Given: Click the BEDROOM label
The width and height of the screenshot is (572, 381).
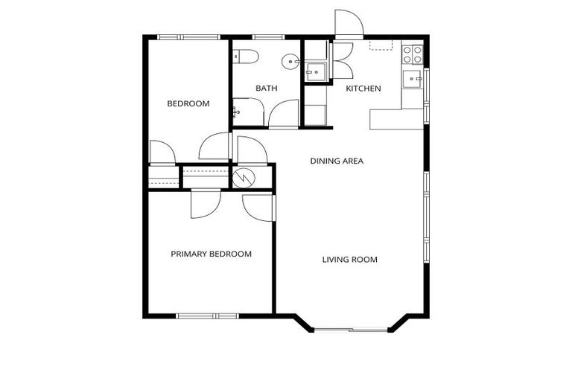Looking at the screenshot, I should [188, 103].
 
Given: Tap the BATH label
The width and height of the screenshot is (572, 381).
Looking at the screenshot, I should [266, 88].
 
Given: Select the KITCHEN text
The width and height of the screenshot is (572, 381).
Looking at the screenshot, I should [363, 89].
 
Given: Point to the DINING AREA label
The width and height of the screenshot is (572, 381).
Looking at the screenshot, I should [337, 160].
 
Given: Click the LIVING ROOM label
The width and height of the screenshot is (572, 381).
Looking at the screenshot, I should [349, 260].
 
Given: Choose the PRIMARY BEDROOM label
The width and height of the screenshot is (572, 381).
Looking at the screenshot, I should [211, 254].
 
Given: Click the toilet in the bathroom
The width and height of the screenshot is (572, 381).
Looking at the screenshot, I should [245, 56].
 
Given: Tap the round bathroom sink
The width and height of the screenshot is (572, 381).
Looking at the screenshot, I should [290, 62].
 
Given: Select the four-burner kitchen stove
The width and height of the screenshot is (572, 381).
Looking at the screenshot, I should [412, 54].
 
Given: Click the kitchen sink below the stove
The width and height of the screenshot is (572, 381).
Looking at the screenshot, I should [412, 77].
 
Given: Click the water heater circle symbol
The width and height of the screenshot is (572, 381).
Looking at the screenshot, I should [244, 178].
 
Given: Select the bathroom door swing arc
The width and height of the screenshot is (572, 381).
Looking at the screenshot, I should [284, 112].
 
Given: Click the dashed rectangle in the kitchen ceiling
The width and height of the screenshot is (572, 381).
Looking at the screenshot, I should [381, 45].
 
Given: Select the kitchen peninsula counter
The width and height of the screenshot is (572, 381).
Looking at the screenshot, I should [395, 118].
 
